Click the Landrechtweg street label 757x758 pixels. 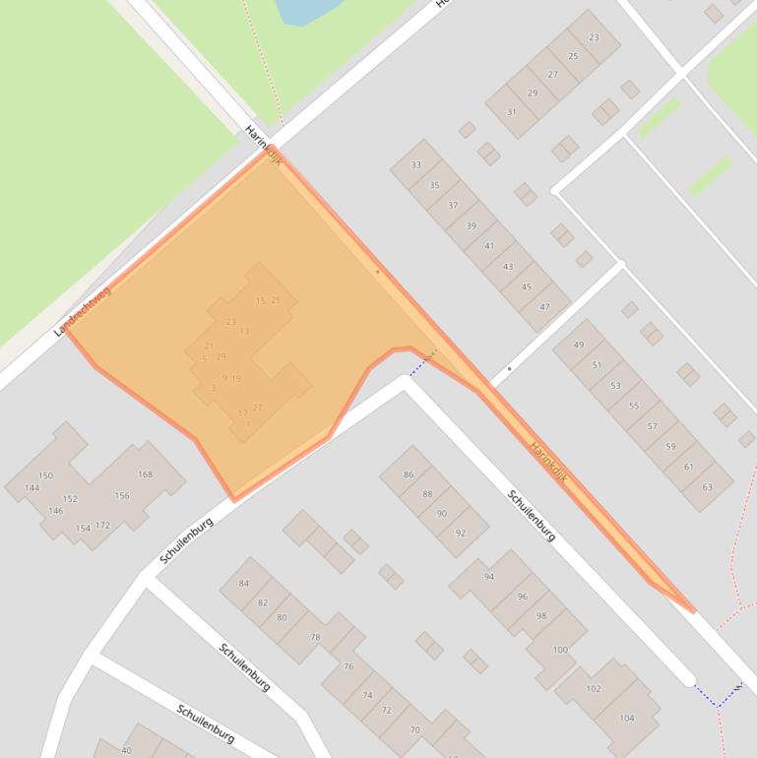[x=83, y=311]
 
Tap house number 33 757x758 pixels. [x=415, y=164]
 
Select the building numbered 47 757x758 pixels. [x=544, y=307]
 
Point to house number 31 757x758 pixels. [x=511, y=112]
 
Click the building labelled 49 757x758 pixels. [x=579, y=345]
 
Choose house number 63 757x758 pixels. [x=707, y=486]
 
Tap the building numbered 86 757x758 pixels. [x=409, y=474]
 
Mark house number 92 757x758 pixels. [x=461, y=533]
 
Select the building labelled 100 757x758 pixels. [x=560, y=650]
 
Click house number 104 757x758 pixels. [x=627, y=718]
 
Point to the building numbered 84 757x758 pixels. [x=244, y=584]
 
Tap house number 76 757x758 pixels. [x=348, y=666]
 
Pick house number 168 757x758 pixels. [x=146, y=474]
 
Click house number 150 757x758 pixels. [x=45, y=475]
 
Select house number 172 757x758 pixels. [x=102, y=525]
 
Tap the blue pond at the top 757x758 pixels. [x=307, y=10]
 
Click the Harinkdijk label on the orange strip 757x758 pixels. [x=549, y=463]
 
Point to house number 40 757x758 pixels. [x=126, y=750]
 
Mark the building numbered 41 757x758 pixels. [x=489, y=246]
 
